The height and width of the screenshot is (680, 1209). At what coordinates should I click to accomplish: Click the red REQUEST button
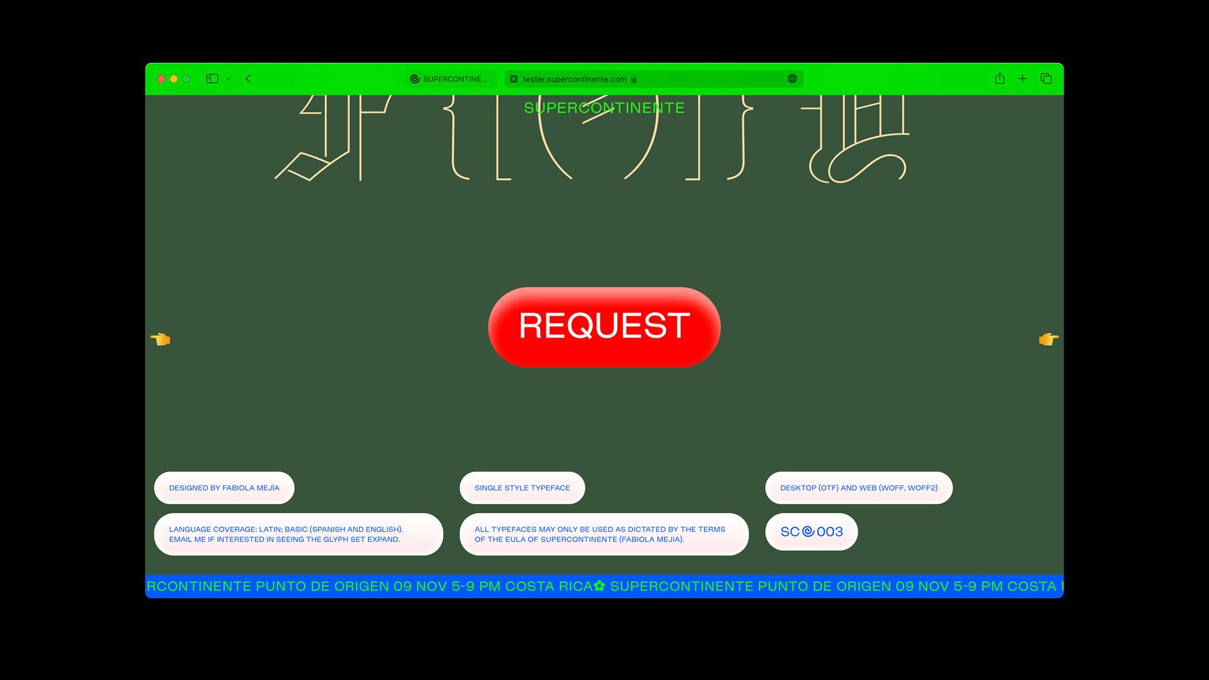(604, 327)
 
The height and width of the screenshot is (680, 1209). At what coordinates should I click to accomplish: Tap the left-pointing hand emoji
(161, 339)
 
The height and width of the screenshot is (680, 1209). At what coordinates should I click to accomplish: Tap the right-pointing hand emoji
(1048, 339)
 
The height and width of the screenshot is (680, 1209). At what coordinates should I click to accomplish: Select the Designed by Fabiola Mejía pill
(224, 488)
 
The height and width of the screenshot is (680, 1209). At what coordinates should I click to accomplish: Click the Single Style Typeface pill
(522, 488)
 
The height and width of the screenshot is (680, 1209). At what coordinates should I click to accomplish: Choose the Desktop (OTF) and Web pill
(858, 488)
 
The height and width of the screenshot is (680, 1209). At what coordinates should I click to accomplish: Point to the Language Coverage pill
(298, 534)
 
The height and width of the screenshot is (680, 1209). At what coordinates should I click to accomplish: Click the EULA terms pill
(604, 534)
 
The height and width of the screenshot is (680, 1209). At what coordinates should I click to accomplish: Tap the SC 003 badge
(811, 532)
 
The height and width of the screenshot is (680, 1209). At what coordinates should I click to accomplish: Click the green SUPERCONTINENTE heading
(604, 108)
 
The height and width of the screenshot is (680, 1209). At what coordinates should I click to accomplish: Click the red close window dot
(161, 79)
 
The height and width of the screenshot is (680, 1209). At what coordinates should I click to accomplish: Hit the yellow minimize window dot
(174, 79)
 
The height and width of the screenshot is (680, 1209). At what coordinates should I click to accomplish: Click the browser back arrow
(248, 79)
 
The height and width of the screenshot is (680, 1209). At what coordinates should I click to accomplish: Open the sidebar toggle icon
(212, 79)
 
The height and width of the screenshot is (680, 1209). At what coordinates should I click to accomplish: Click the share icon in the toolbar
(999, 79)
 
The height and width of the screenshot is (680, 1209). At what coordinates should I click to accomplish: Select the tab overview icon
(1046, 79)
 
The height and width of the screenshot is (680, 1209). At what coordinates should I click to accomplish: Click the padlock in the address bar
(634, 79)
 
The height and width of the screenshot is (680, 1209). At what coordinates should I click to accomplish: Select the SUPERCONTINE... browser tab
(450, 79)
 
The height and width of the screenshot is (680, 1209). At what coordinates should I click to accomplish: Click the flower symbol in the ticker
(599, 586)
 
